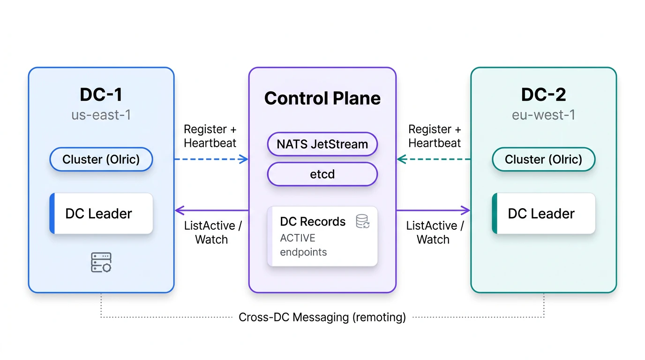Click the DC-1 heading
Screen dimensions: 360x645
pyautogui.click(x=101, y=95)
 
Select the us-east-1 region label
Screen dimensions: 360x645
pyautogui.click(x=101, y=115)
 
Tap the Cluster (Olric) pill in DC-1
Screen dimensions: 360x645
pyautogui.click(x=101, y=159)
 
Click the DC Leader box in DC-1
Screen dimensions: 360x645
pyautogui.click(x=101, y=214)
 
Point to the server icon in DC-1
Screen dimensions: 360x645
pyautogui.click(x=101, y=262)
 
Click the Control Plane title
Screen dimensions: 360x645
pyautogui.click(x=322, y=98)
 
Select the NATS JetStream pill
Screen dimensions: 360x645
pyautogui.click(x=322, y=144)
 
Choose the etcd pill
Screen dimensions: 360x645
pyautogui.click(x=322, y=174)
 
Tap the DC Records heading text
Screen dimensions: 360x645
pyautogui.click(x=313, y=222)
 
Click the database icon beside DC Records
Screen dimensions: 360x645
pyautogui.click(x=363, y=221)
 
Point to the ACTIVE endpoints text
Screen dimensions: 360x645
pyautogui.click(x=303, y=245)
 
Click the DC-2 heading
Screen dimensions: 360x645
pyautogui.click(x=543, y=95)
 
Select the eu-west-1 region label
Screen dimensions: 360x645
pyautogui.click(x=543, y=115)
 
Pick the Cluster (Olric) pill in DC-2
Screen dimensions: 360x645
pyautogui.click(x=543, y=159)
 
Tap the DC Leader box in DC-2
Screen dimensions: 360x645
pyautogui.click(x=543, y=214)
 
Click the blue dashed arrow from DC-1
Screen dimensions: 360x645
pyautogui.click(x=211, y=159)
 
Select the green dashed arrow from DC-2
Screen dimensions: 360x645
pyautogui.click(x=434, y=159)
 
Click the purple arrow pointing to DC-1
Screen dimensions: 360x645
pyautogui.click(x=211, y=210)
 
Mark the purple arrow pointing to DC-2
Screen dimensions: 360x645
pyautogui.click(x=434, y=210)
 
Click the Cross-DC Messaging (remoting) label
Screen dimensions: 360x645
pyautogui.click(x=322, y=317)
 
